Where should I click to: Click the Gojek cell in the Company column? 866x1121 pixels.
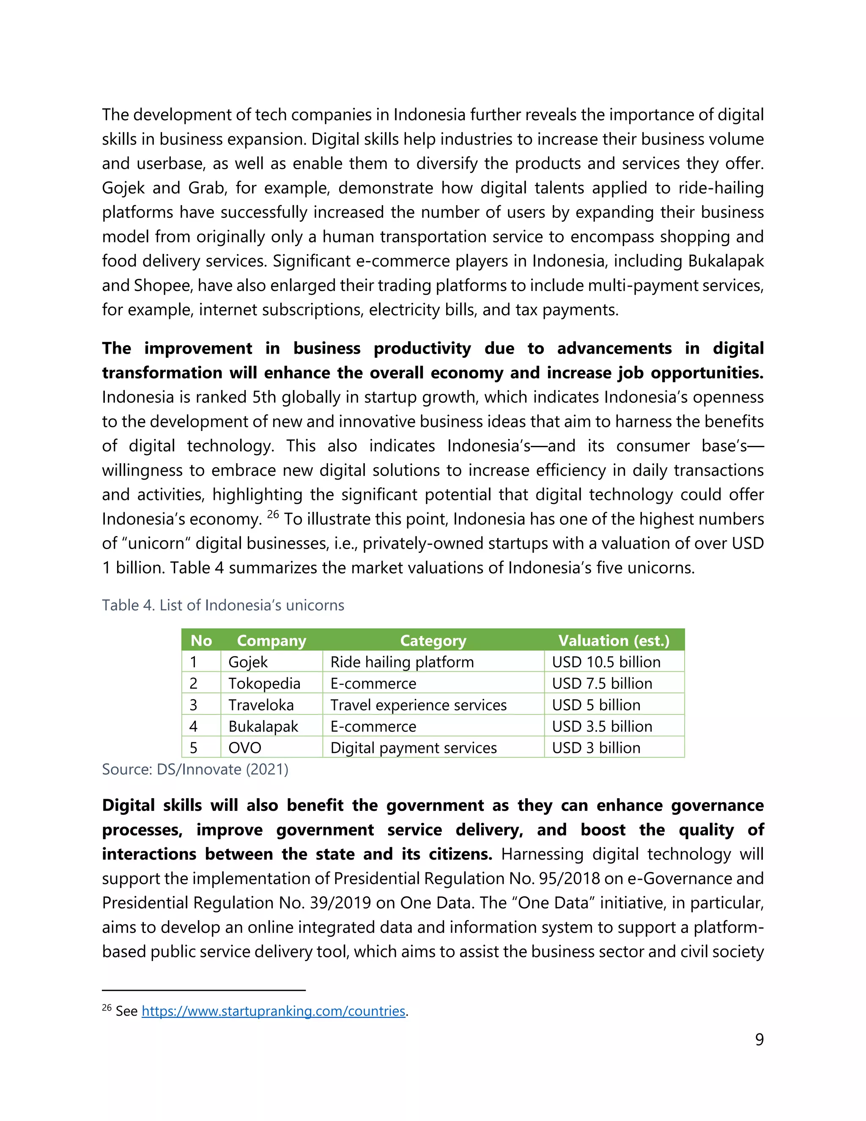click(x=248, y=662)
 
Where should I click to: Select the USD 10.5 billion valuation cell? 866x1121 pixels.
click(x=606, y=662)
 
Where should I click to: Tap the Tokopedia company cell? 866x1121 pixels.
click(x=264, y=684)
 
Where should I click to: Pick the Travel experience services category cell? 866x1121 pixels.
click(x=418, y=705)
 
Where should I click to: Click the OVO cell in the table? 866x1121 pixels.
click(x=245, y=748)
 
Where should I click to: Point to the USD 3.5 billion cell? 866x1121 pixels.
click(x=602, y=727)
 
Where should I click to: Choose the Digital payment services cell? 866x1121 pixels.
click(x=414, y=748)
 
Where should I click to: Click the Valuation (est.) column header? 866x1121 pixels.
click(x=614, y=640)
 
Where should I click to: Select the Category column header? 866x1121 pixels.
click(x=433, y=640)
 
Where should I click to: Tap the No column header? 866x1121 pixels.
click(x=201, y=640)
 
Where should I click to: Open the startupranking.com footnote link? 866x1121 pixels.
click(x=274, y=1011)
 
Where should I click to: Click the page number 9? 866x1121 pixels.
click(x=759, y=1039)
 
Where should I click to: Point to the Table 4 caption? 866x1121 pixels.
click(x=223, y=605)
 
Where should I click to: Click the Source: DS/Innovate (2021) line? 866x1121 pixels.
click(x=195, y=769)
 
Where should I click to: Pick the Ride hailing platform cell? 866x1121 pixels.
click(x=402, y=662)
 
